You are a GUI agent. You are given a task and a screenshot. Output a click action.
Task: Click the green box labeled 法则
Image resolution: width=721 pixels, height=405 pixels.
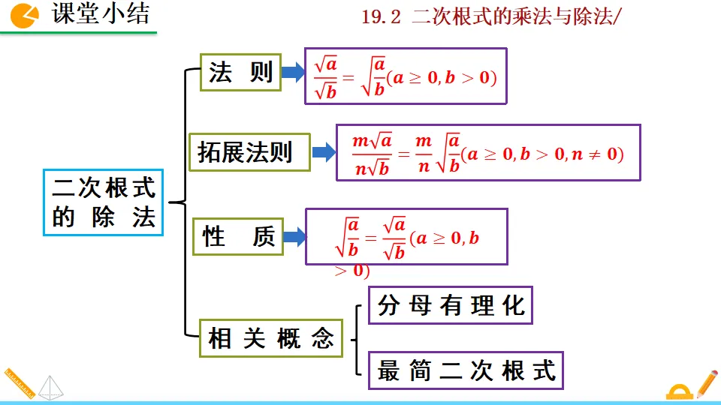click(x=240, y=73)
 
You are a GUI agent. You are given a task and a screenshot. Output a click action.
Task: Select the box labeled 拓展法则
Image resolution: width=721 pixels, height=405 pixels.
click(x=248, y=153)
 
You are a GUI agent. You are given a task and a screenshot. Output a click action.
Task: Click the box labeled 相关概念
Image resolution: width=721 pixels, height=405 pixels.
click(x=270, y=339)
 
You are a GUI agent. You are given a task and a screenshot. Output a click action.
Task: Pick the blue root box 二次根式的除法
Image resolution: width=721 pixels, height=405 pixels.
click(x=103, y=202)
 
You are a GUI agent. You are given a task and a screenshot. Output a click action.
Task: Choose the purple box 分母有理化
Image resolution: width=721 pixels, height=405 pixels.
click(x=450, y=305)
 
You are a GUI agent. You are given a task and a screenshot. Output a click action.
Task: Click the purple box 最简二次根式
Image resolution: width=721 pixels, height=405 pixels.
click(x=466, y=370)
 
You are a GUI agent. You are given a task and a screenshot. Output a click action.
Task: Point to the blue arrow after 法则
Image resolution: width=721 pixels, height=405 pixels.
click(x=291, y=73)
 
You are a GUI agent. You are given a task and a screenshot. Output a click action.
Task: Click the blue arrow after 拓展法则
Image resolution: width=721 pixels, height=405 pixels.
click(x=323, y=153)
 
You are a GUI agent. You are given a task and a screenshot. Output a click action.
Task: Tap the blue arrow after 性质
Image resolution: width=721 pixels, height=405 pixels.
click(x=293, y=237)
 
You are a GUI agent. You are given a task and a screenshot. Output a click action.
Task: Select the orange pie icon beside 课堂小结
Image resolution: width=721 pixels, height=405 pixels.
click(x=26, y=15)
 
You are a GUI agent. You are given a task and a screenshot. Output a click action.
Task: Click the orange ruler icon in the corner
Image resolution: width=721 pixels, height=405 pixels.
click(x=20, y=385)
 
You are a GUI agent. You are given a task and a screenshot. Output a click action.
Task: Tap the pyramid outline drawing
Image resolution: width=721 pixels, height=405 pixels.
click(x=50, y=387)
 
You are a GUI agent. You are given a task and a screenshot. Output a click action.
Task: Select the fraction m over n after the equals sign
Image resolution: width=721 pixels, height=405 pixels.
click(x=424, y=154)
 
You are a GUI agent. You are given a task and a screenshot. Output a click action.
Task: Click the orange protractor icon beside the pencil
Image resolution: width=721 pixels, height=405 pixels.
click(x=680, y=391)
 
